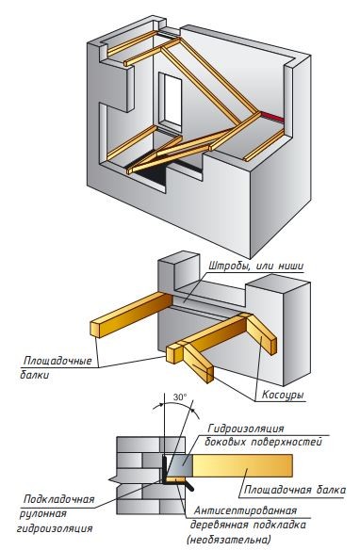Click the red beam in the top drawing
pyautogui.click(x=272, y=117)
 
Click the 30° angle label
pyautogui.click(x=180, y=397)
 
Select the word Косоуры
pyautogui.click(x=283, y=395)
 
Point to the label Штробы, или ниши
pyautogui.click(x=256, y=266)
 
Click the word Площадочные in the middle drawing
pyautogui.click(x=57, y=361)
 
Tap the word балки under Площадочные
pyautogui.click(x=34, y=375)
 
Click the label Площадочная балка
pyautogui.click(x=295, y=490)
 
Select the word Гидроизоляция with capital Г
pyautogui.click(x=246, y=429)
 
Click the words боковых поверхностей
pyautogui.click(x=263, y=443)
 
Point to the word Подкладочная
pyautogui.click(x=59, y=499)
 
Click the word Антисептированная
pyautogui.click(x=246, y=510)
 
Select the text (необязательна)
pyautogui.click(x=229, y=539)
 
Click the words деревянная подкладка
pyautogui.click(x=248, y=526)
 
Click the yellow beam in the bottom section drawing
pyautogui.click(x=242, y=466)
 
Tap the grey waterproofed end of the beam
pyautogui.click(x=179, y=466)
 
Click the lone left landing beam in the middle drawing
pyautogui.click(x=132, y=314)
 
